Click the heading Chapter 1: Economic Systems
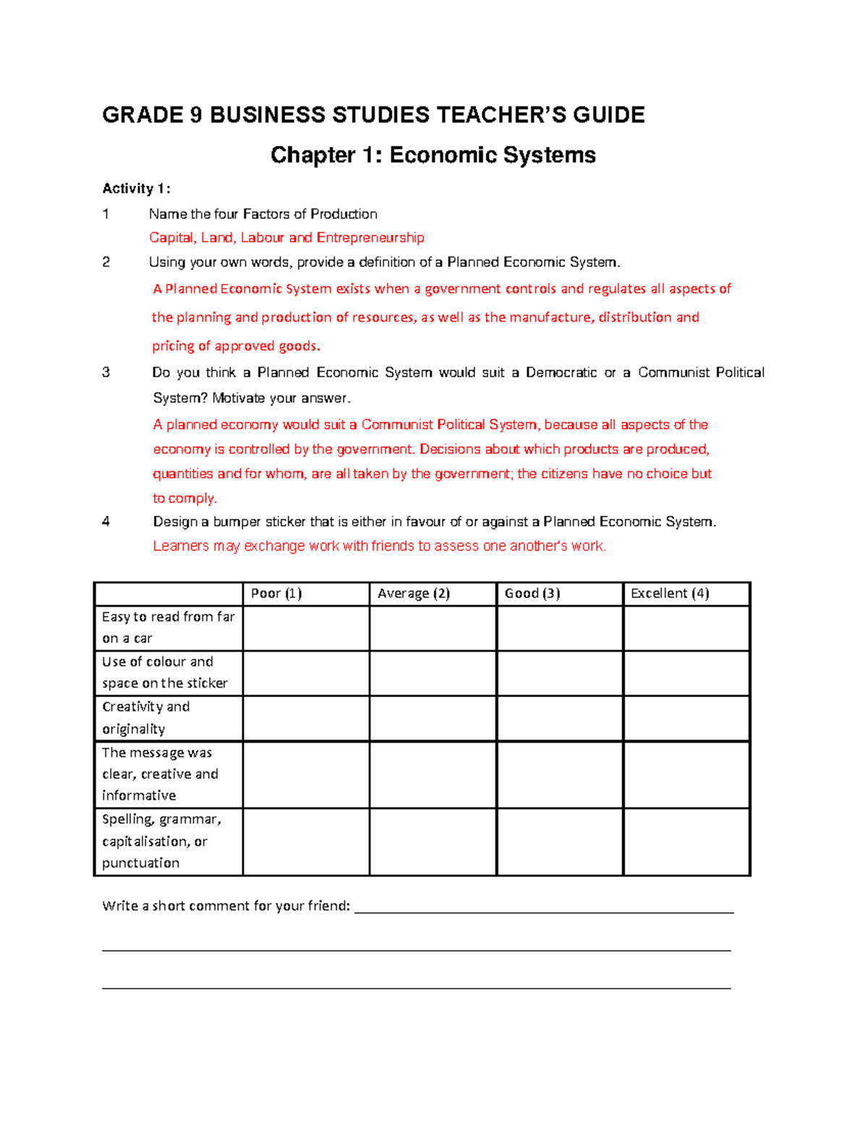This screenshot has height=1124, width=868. [x=433, y=155]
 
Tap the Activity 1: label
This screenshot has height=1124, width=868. [x=136, y=189]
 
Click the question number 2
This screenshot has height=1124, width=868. [x=106, y=262]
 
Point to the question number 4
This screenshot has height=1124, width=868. [x=106, y=522]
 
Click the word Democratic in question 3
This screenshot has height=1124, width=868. [x=561, y=373]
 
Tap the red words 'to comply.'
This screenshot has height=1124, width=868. [x=184, y=499]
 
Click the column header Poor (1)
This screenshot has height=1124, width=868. [x=276, y=593]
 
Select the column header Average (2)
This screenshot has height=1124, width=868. [x=413, y=593]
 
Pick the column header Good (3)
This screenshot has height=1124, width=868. [x=532, y=593]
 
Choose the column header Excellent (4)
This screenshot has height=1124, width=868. [x=669, y=593]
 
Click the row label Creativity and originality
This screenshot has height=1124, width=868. [x=145, y=717]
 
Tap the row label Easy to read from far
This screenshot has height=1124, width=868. [x=168, y=617]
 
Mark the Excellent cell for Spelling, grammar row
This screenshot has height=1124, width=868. [x=686, y=842]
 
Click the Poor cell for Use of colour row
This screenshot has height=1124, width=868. [x=306, y=673]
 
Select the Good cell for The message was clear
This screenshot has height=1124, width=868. [x=559, y=774]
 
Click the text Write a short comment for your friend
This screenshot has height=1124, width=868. [x=226, y=906]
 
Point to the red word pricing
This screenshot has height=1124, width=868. [x=173, y=346]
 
